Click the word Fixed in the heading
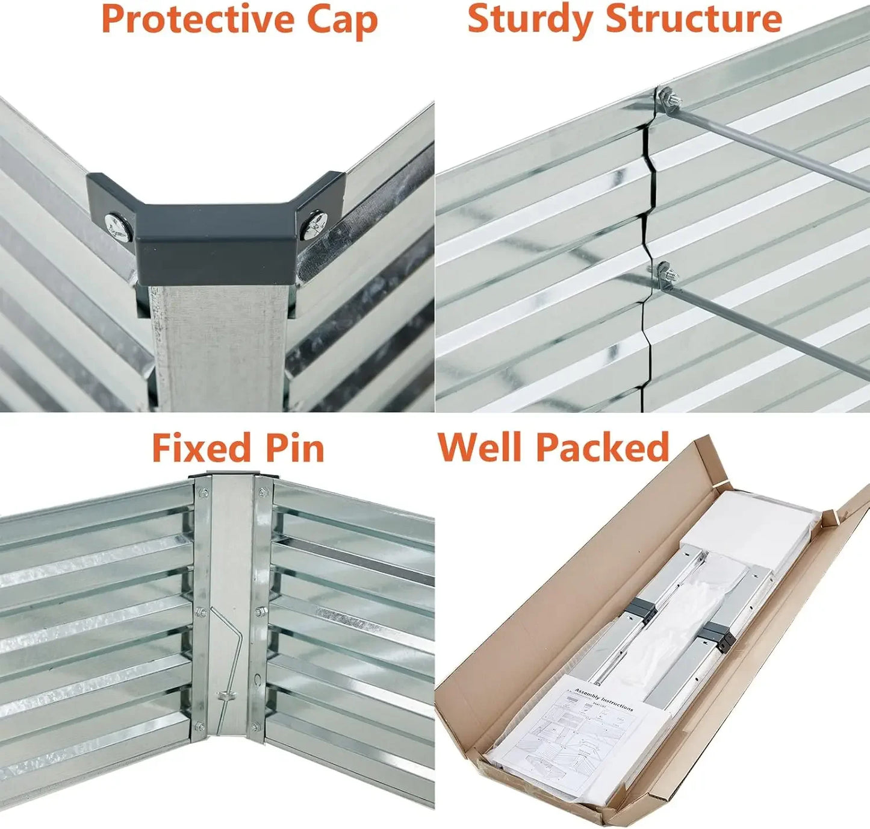click(x=200, y=448)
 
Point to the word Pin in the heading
click(x=295, y=449)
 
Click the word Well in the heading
click(x=479, y=447)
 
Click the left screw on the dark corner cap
click(x=119, y=227)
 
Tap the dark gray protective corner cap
click(x=217, y=241)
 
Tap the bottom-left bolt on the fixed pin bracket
click(x=199, y=726)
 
